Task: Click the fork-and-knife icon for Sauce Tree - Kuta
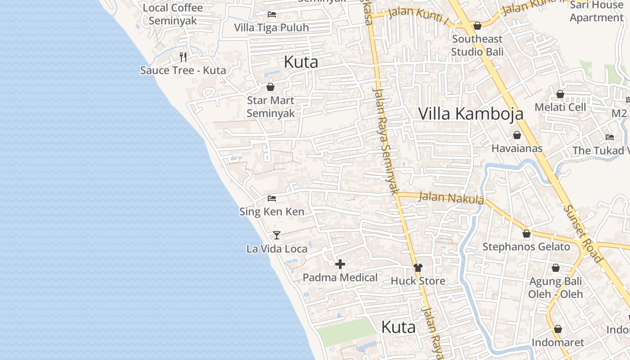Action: [183, 57]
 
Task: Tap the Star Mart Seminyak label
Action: [270, 107]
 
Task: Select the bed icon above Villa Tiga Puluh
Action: [271, 14]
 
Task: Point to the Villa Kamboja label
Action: [471, 113]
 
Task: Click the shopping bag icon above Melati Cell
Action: [560, 94]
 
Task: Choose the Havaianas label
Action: [517, 148]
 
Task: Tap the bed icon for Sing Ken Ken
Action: [271, 198]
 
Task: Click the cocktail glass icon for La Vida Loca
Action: [277, 235]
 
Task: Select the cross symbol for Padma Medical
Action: [340, 264]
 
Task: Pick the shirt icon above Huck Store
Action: [418, 268]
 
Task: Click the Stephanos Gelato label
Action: [526, 247]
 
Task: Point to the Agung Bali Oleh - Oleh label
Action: [555, 288]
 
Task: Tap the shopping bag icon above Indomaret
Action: [558, 329]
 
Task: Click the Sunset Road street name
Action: [582, 234]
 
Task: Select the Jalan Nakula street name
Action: [451, 198]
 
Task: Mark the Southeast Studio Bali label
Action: [477, 45]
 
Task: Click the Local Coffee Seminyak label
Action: [173, 14]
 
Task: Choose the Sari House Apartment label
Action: [596, 11]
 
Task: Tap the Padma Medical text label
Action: [340, 277]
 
